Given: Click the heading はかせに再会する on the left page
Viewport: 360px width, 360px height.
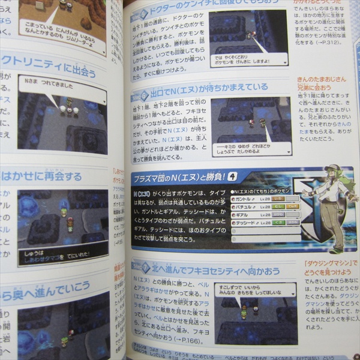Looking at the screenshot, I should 42,176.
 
